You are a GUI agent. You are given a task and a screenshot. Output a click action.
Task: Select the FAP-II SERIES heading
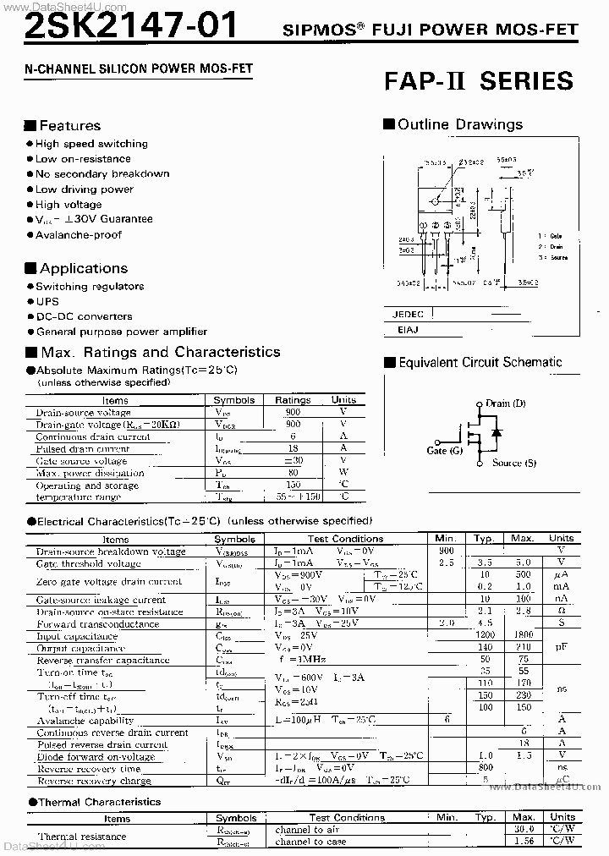[x=479, y=81]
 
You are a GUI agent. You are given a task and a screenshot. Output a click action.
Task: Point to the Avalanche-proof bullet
[x=79, y=234]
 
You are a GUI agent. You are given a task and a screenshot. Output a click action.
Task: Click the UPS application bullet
[x=47, y=301]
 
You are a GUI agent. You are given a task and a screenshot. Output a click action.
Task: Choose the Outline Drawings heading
[x=460, y=124]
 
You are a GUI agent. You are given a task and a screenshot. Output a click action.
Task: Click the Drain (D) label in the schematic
[x=505, y=403]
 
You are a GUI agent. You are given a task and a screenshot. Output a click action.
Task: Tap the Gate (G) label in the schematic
[x=445, y=451]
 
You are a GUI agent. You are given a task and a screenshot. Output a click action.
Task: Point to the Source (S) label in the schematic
[x=513, y=463]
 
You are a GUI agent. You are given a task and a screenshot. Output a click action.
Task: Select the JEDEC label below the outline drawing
[x=408, y=314]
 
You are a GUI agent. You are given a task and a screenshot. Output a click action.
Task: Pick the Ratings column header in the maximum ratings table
[x=293, y=400]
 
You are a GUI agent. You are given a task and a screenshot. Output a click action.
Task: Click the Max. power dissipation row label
[x=90, y=473]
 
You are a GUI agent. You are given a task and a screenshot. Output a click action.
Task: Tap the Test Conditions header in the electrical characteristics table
[x=345, y=539]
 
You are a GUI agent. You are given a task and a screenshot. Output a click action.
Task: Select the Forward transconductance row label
[x=97, y=624]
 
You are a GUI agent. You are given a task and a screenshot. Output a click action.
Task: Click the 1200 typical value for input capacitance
[x=484, y=636]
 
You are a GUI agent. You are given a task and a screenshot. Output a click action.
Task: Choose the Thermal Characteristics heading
[x=100, y=802]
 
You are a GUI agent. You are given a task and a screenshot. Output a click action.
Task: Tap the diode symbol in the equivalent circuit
[x=496, y=433]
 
